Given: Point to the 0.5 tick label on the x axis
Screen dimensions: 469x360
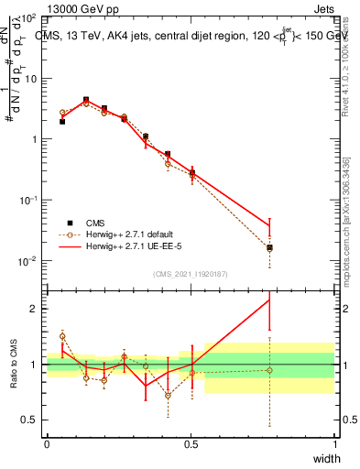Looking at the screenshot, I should pyautogui.click(x=191, y=444).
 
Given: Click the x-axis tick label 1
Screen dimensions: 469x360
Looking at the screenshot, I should pyautogui.click(x=335, y=444).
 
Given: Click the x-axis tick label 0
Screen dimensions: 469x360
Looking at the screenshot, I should pyautogui.click(x=47, y=444).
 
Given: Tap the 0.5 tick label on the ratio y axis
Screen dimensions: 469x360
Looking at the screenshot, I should pyautogui.click(x=29, y=420).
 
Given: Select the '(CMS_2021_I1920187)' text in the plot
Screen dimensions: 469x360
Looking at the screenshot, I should pyautogui.click(x=191, y=273).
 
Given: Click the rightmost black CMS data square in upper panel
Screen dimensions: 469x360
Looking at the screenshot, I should pyautogui.click(x=269, y=247).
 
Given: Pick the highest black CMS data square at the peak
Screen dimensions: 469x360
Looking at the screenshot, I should pyautogui.click(x=86, y=100).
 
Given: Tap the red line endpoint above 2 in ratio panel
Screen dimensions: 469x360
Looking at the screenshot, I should pyautogui.click(x=269, y=300).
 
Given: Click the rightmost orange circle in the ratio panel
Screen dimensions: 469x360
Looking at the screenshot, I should pyautogui.click(x=269, y=370).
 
